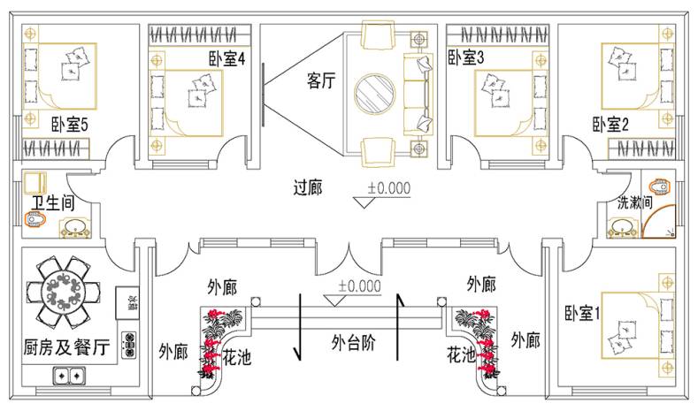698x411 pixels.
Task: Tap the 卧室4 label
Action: click(x=227, y=58)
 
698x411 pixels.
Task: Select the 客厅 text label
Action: click(x=321, y=81)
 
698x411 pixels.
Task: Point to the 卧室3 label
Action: click(x=466, y=58)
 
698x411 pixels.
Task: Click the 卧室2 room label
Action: click(x=610, y=125)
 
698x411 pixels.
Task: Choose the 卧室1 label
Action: click(x=583, y=312)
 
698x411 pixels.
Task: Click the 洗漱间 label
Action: click(x=635, y=202)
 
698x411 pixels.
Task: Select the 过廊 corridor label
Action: click(x=311, y=186)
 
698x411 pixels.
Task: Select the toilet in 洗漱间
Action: click(x=659, y=187)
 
